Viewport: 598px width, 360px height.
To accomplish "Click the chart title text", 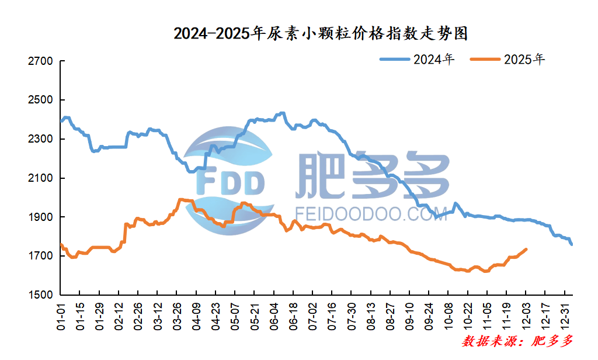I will point(321,34).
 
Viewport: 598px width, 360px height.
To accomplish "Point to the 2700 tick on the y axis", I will point(41,61).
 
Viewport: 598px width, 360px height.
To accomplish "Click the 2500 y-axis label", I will point(41,101).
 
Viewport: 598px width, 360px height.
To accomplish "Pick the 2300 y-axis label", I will point(41,139).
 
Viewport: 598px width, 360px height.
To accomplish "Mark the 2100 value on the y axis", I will point(41,178).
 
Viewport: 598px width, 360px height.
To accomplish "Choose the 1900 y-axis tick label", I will point(41,217).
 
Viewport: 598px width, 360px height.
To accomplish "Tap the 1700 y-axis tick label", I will point(41,256).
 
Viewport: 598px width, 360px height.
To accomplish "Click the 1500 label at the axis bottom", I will point(41,295).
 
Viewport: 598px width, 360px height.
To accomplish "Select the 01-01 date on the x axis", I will point(61,316).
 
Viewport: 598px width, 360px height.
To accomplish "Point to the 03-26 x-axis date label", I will point(178,316).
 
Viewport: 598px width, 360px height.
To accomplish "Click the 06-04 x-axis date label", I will point(274,316).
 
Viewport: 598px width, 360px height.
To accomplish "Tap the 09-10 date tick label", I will point(410,316).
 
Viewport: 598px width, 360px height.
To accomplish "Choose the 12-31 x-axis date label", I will point(565,316).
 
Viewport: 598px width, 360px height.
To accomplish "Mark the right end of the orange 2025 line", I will point(527,249).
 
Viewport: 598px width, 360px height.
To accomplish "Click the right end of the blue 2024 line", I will point(572,244).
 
